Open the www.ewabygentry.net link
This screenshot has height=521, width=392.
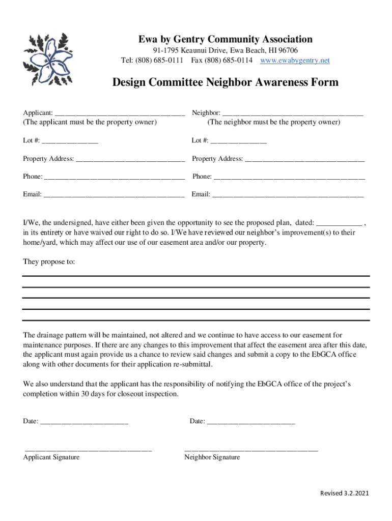tap(295, 61)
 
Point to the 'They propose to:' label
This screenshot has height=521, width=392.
tap(49, 262)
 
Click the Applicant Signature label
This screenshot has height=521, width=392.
tap(51, 457)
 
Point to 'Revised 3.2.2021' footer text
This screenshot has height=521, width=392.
tap(344, 493)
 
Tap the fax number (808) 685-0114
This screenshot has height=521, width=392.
tap(229, 61)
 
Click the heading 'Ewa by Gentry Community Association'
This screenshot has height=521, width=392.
tap(226, 39)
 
